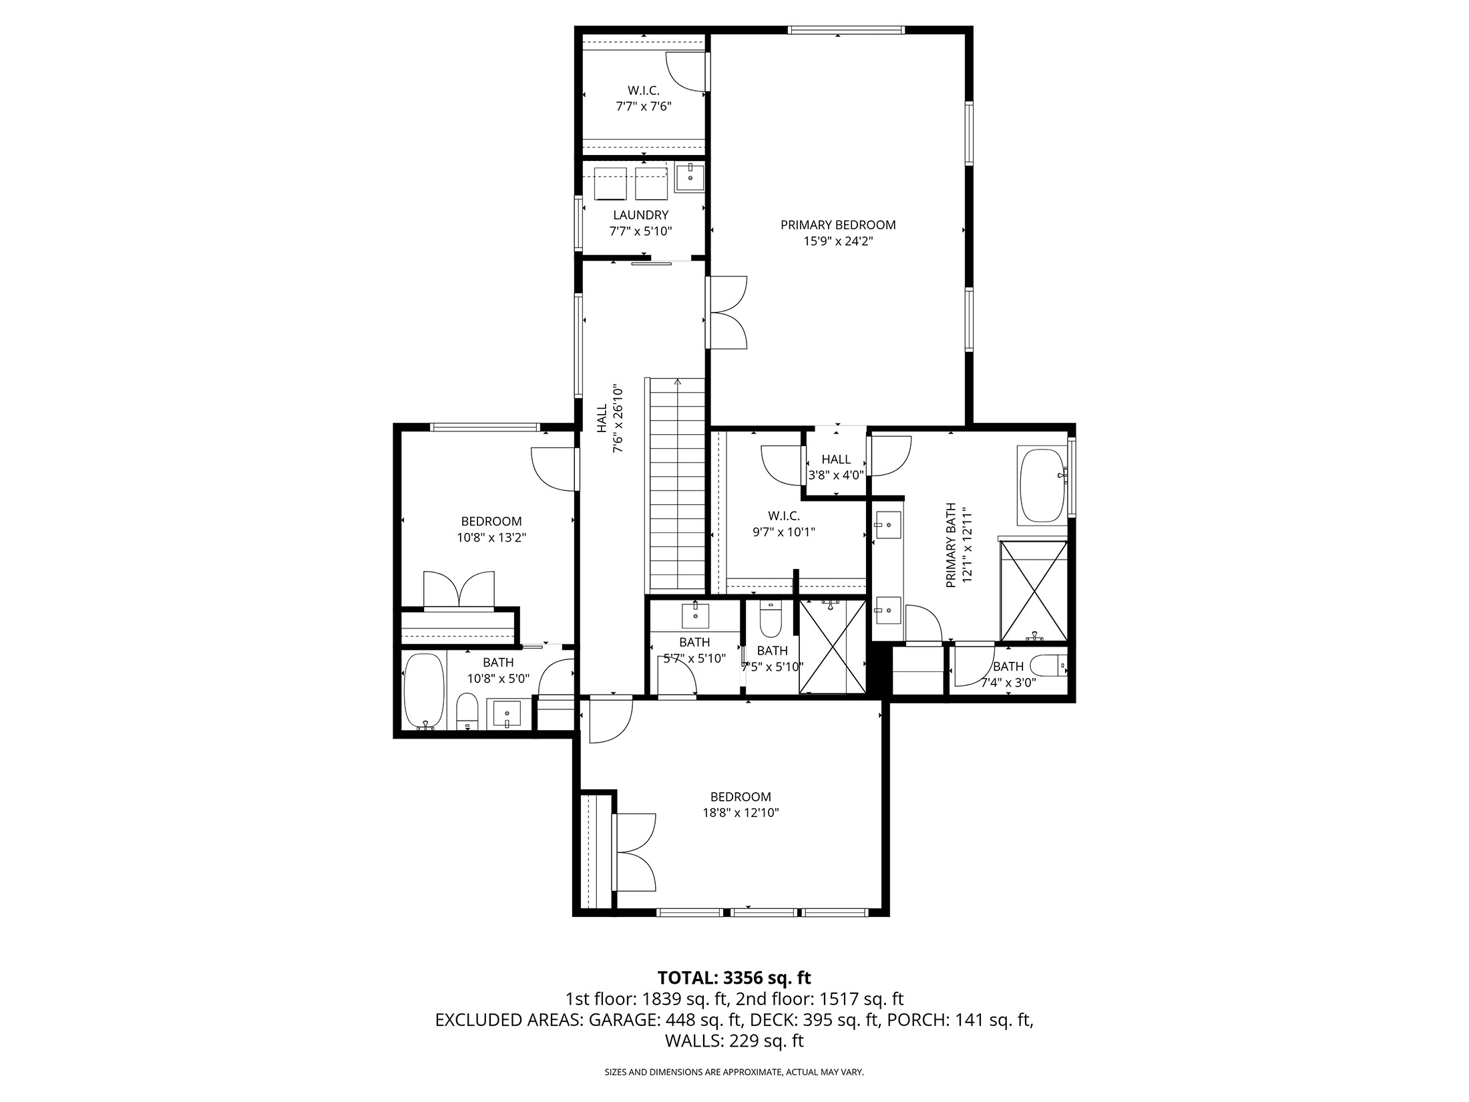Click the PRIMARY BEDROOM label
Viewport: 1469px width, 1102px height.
(x=838, y=225)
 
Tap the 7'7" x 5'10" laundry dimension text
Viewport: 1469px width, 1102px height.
(x=640, y=232)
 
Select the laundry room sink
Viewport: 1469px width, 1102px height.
(x=689, y=178)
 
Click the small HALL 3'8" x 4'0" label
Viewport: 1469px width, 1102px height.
(x=836, y=467)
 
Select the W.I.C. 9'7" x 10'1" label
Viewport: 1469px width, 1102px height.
(x=784, y=524)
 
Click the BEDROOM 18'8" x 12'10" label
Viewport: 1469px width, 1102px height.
(x=741, y=804)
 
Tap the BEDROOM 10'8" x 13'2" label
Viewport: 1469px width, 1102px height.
(x=491, y=529)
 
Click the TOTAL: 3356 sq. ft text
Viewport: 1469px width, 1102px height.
(x=734, y=978)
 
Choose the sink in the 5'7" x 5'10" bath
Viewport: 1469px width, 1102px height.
(x=695, y=615)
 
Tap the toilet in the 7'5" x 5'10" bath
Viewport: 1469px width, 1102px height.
(x=770, y=620)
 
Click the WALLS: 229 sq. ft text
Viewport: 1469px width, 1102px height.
(x=734, y=1041)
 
